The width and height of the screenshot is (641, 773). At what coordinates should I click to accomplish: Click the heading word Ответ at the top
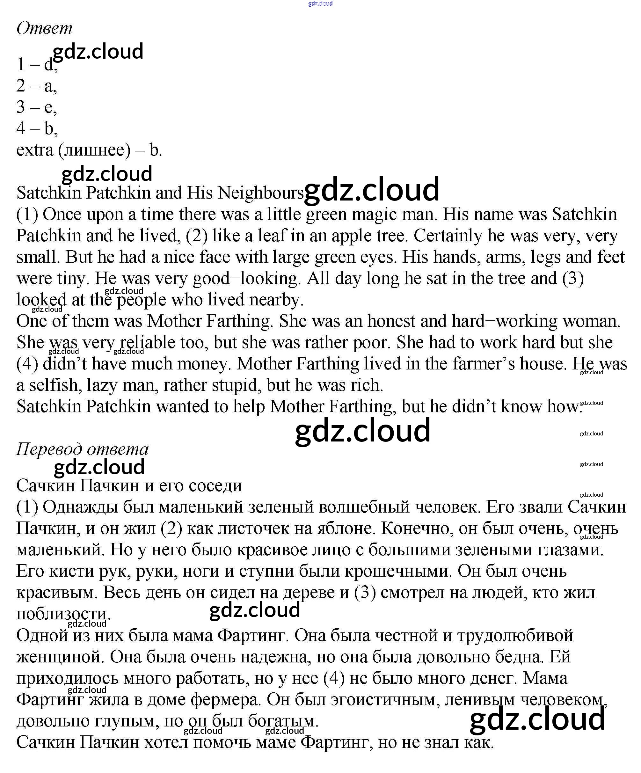click(x=44, y=28)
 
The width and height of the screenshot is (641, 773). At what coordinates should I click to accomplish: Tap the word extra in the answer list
click(x=35, y=150)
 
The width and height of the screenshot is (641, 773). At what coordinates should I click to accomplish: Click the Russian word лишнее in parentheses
click(x=94, y=150)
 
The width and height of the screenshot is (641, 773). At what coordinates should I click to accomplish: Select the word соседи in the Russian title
click(x=215, y=486)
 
